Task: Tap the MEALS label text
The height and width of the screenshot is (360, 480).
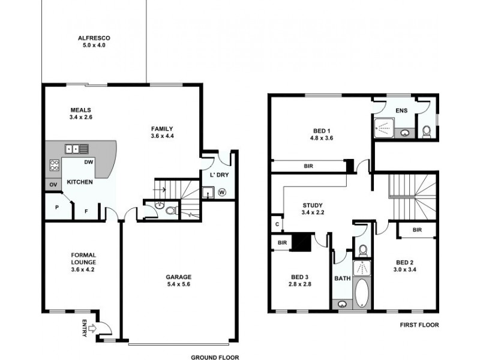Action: pyautogui.click(x=80, y=110)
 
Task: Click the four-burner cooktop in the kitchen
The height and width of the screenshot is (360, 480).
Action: pyautogui.click(x=53, y=166)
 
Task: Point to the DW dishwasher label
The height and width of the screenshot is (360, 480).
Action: pyautogui.click(x=88, y=162)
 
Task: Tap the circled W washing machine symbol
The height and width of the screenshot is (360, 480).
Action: pyautogui.click(x=222, y=193)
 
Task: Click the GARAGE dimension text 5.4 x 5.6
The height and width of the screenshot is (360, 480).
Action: pyautogui.click(x=179, y=285)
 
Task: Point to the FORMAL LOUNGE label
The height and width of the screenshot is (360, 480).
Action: pyautogui.click(x=82, y=258)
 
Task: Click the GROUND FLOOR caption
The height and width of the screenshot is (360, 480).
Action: pyautogui.click(x=214, y=356)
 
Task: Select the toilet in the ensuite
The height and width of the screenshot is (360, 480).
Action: pyautogui.click(x=427, y=131)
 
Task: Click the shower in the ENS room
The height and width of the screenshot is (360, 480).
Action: pyautogui.click(x=383, y=127)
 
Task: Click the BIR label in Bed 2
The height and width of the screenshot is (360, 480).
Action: pyautogui.click(x=416, y=230)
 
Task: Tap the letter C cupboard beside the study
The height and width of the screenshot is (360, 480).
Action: pyautogui.click(x=277, y=224)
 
